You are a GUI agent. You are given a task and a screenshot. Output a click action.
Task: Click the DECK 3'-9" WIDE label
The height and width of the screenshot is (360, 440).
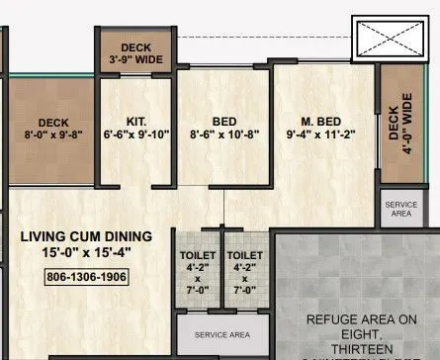tap(135, 52)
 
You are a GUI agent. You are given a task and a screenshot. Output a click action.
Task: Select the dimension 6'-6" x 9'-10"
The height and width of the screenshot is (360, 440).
tap(136, 135)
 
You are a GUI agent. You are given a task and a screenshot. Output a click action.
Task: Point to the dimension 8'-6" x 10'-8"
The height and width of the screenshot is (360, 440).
tap(223, 135)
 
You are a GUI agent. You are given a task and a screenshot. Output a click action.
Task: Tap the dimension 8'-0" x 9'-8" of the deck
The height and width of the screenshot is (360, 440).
tap(47, 135)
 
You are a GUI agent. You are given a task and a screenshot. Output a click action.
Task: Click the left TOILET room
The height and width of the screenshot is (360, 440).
tap(198, 272)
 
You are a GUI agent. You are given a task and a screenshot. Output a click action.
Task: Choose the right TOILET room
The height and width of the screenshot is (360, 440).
tap(245, 272)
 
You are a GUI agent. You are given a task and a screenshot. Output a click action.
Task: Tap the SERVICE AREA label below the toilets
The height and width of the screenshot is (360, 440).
tap(222, 333)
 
